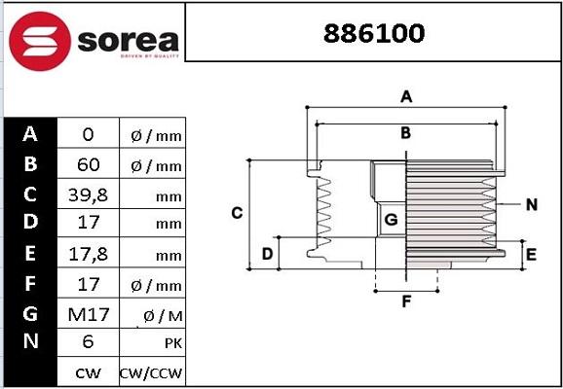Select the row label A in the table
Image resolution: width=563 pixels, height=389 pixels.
tap(30, 133)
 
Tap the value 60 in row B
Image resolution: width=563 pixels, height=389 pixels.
tap(88, 164)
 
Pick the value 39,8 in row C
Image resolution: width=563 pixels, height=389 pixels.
tap(88, 194)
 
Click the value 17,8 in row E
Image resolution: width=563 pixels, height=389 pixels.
tap(88, 254)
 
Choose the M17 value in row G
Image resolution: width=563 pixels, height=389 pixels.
tap(88, 313)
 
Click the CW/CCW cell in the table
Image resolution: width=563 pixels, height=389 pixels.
tap(151, 372)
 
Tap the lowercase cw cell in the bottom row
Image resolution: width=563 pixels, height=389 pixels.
tap(88, 372)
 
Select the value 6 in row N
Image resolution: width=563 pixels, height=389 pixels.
tap(88, 342)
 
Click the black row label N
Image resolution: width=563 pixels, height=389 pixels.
tap(30, 341)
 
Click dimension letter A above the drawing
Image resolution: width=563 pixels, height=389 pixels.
tap(407, 96)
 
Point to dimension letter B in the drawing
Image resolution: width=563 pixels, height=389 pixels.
tap(405, 133)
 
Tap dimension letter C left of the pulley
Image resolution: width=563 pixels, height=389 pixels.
tap(236, 213)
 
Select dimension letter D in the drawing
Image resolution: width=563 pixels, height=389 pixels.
tap(266, 254)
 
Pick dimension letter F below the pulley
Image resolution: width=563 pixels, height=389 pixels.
tap(406, 301)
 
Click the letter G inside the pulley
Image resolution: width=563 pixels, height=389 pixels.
tap(391, 220)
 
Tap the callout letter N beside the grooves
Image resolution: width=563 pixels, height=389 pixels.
tap(531, 204)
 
